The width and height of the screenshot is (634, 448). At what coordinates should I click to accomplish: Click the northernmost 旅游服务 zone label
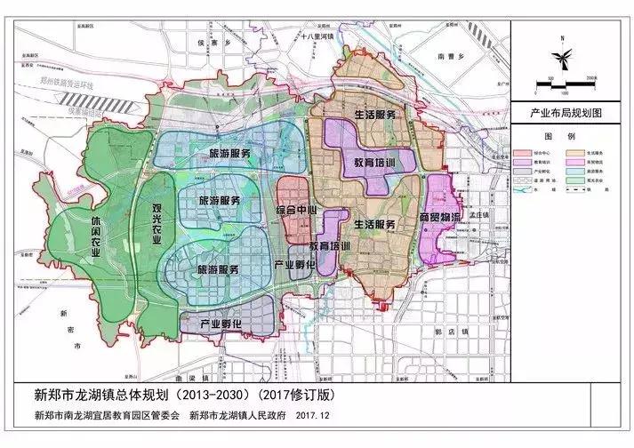coord(219,154)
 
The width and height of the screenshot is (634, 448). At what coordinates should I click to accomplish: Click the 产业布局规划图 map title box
coord(566,114)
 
